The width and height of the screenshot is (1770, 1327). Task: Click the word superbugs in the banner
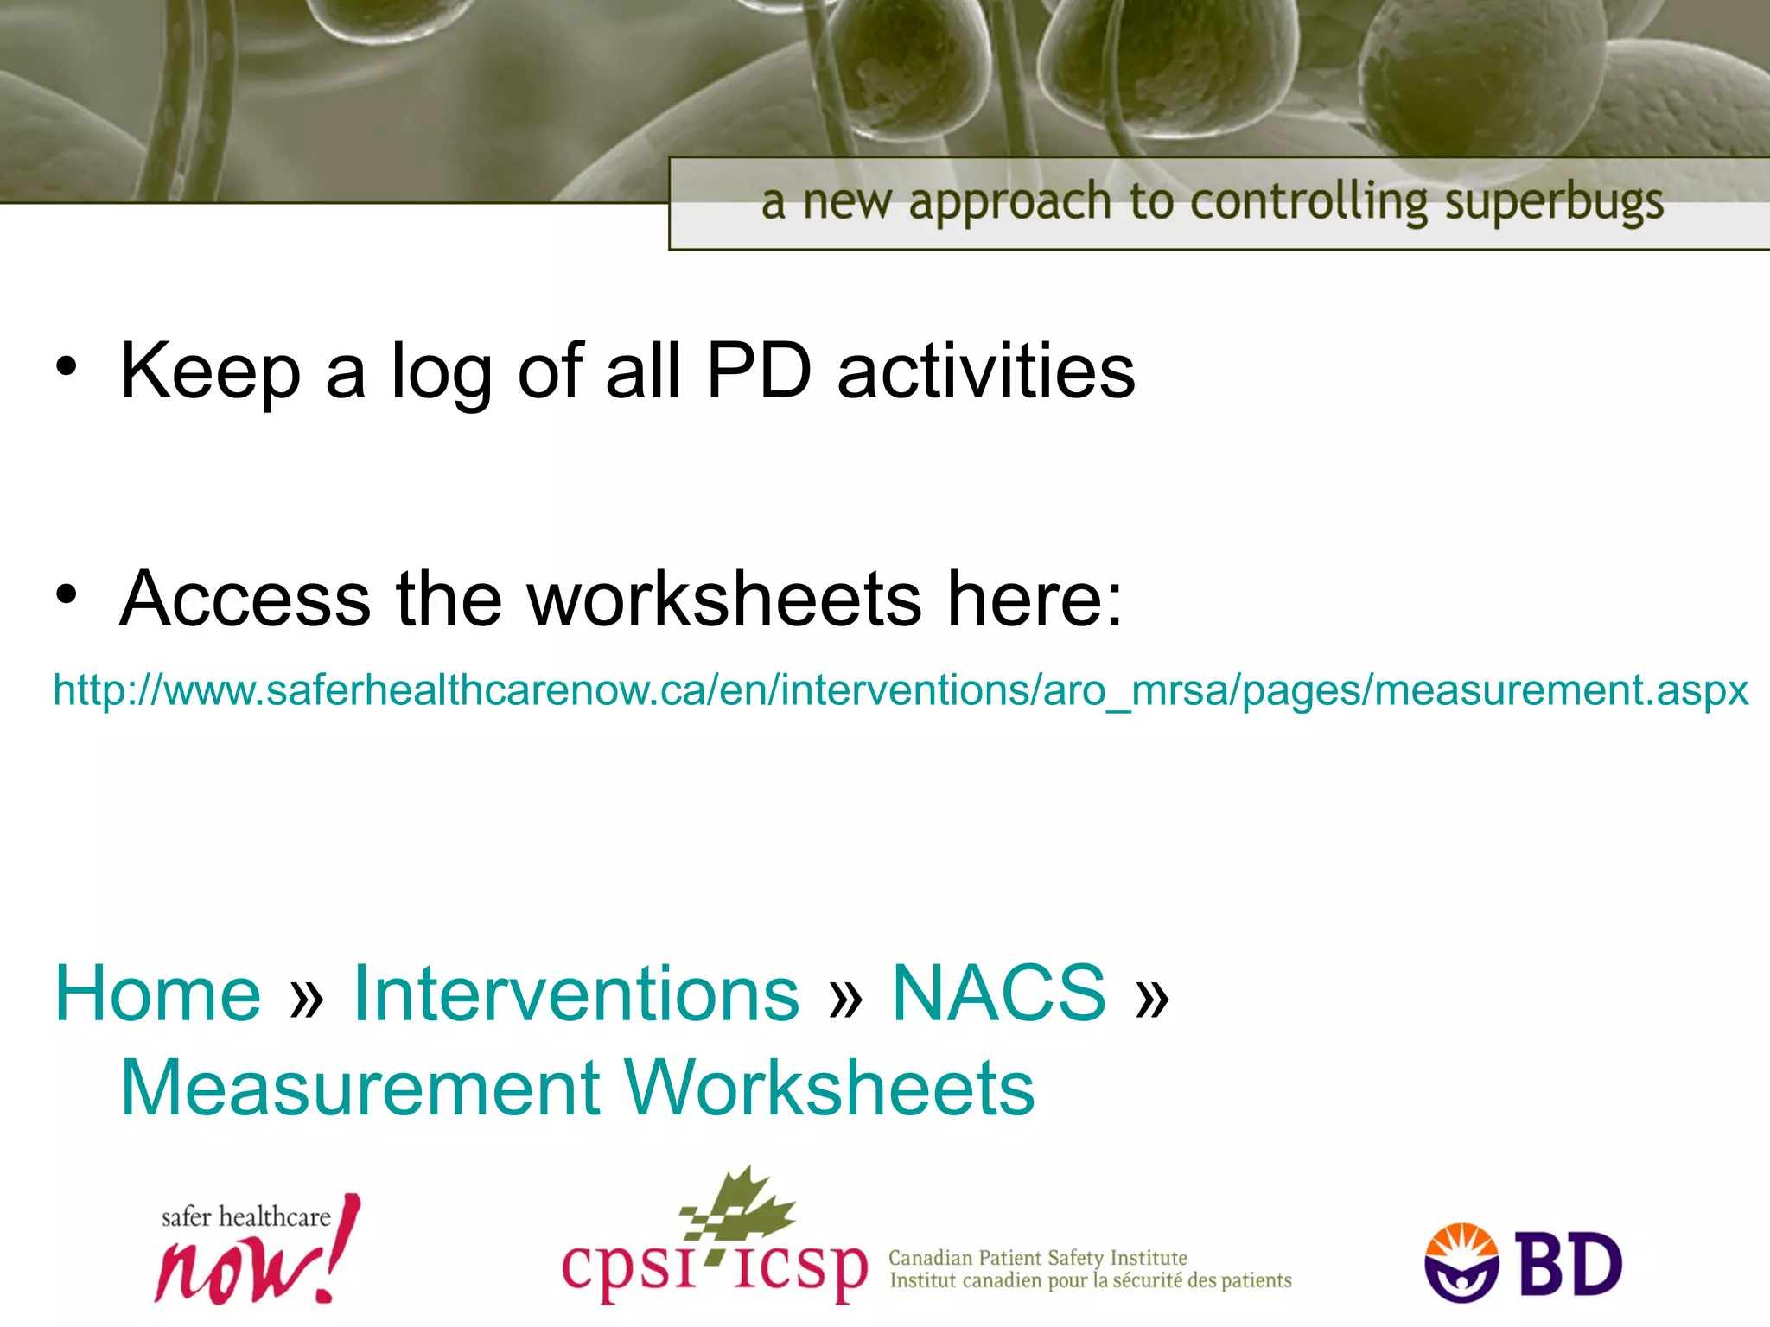(x=1554, y=203)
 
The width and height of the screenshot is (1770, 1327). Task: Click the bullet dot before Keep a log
(x=67, y=367)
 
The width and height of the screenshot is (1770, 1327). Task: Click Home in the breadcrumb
(x=157, y=994)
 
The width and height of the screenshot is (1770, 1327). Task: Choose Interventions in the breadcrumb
(x=576, y=994)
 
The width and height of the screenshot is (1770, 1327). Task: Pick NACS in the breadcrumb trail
(x=998, y=994)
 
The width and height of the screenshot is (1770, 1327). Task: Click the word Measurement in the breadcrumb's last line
(x=360, y=1088)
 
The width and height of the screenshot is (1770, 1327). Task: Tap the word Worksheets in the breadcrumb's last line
(x=829, y=1088)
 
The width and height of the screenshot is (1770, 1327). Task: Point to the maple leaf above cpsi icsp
(x=743, y=1204)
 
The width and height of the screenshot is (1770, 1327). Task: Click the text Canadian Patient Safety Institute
(x=1037, y=1257)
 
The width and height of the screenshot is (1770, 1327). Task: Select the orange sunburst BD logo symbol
(x=1461, y=1262)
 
